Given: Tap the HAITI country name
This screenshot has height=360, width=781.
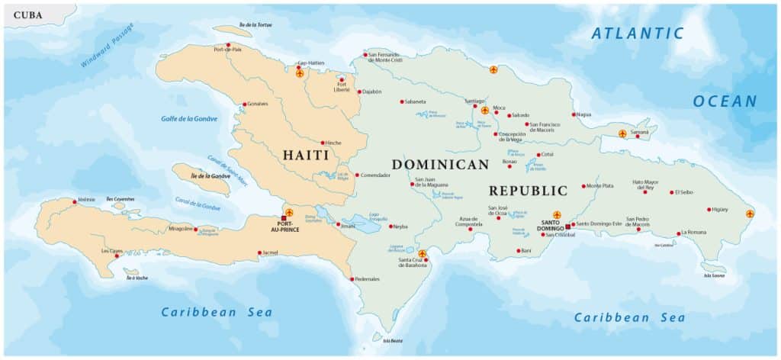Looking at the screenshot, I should point(306,155).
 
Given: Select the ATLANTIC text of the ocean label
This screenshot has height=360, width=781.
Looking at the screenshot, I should point(638,33).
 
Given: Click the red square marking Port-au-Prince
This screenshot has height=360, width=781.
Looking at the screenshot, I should point(283,220).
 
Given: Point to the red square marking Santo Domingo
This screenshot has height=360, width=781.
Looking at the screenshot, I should point(567,227).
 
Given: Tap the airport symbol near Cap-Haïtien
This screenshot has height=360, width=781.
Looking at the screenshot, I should point(300,74).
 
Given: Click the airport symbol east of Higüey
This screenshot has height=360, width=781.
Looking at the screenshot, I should point(750,214).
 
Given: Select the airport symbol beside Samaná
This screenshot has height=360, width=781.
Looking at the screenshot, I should point(622,133).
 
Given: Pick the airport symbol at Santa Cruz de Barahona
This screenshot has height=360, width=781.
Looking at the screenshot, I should point(423,253).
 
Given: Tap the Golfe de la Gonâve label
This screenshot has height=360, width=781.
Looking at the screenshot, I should point(189,118).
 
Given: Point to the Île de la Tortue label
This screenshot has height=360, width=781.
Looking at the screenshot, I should point(255,24).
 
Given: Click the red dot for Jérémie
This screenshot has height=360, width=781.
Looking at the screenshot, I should point(75,202).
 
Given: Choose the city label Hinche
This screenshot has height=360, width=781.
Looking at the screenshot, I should point(333,143).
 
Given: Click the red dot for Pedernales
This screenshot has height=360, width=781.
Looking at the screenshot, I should point(352,279).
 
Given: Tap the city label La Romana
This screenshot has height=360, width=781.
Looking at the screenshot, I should point(695,232).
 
